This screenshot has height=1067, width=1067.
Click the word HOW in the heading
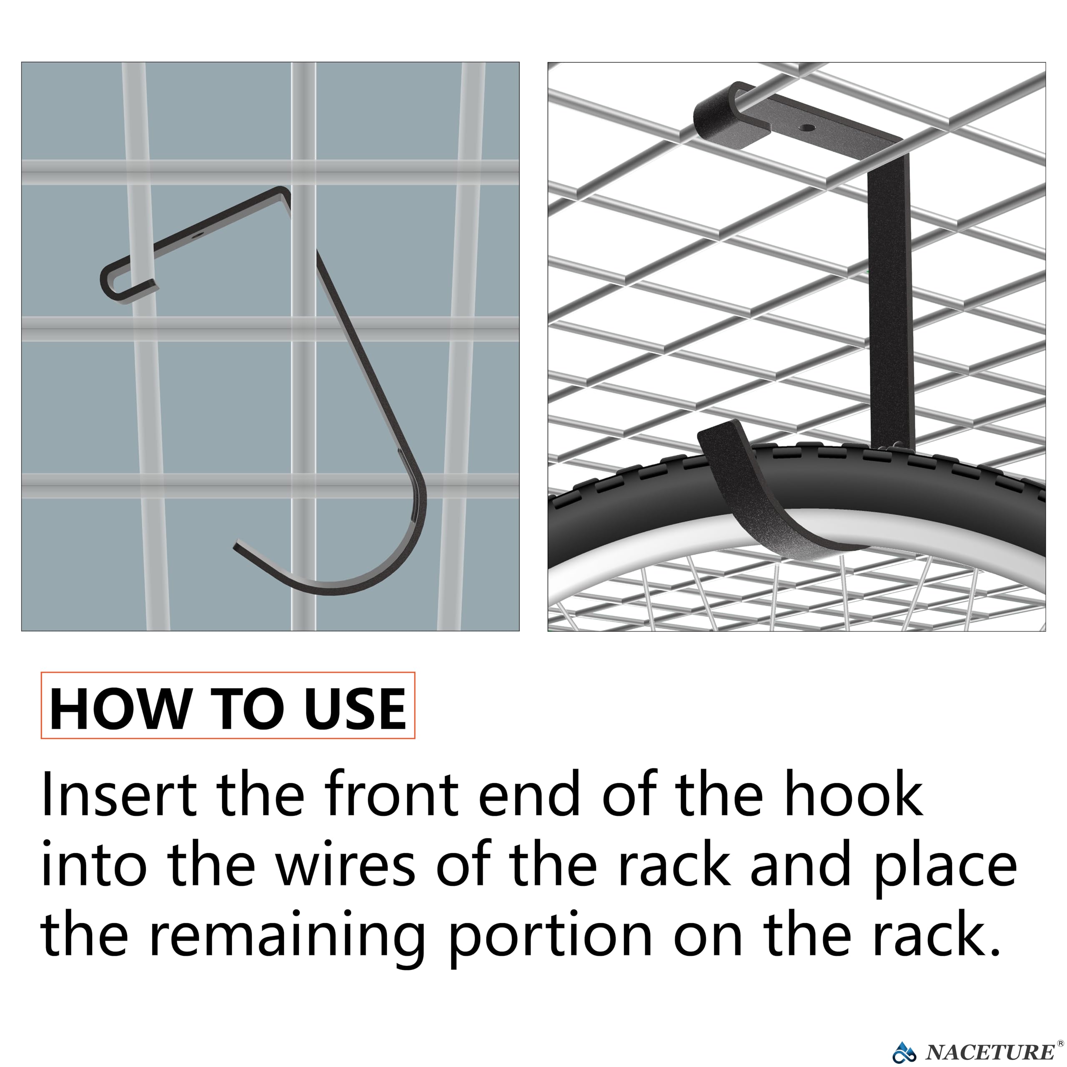[119, 709]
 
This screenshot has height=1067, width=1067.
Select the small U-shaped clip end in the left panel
[119, 282]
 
